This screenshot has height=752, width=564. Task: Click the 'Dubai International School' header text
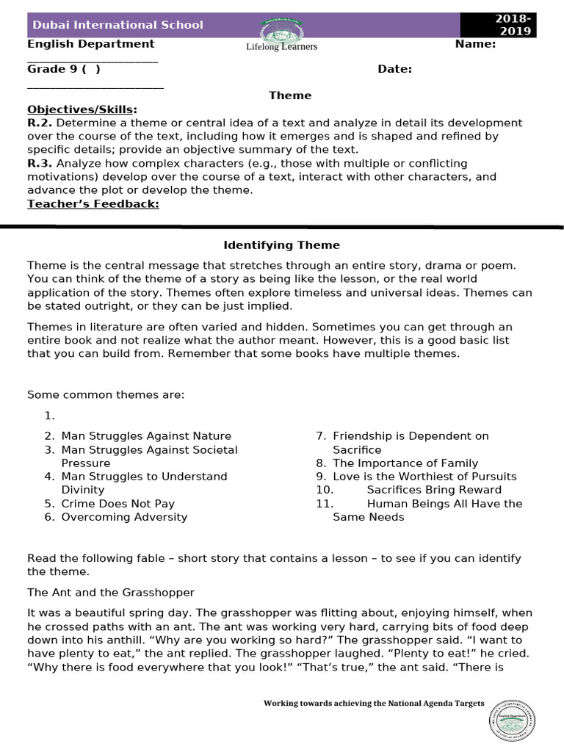point(117,25)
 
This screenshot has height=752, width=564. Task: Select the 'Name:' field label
point(475,43)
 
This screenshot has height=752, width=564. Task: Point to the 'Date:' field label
point(394,69)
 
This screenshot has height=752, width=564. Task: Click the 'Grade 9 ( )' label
point(64,69)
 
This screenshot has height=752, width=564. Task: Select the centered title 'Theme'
point(290,95)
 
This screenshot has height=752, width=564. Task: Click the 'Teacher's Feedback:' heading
point(93,203)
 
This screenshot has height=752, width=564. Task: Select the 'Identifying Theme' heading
point(281,245)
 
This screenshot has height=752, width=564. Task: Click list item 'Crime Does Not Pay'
point(117,504)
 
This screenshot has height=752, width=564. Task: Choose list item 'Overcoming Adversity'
point(124,517)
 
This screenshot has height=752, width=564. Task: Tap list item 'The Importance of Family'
point(405,463)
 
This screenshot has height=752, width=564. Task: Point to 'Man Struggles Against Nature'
point(145,436)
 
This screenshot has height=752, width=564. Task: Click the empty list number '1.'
point(49,416)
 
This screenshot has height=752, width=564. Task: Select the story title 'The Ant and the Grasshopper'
point(111,592)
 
